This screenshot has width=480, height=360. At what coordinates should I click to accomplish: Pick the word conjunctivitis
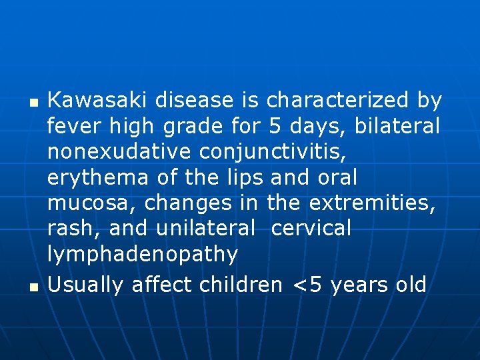(x=283, y=152)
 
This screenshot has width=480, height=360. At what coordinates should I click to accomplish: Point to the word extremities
(x=373, y=203)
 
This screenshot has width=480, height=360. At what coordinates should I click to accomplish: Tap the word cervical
(x=311, y=229)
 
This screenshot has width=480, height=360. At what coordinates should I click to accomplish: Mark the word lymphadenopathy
(x=143, y=255)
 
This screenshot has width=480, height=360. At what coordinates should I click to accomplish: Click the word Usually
(x=86, y=285)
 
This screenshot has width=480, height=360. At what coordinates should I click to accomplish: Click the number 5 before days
(x=276, y=127)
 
